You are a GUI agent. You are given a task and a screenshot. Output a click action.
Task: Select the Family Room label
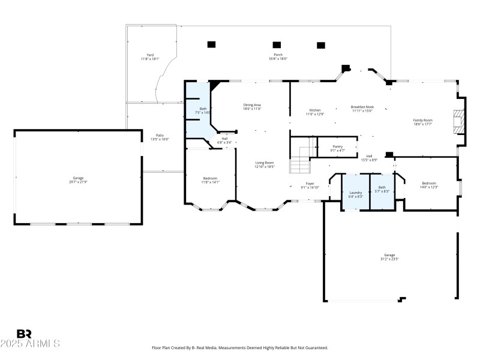click(x=422, y=121)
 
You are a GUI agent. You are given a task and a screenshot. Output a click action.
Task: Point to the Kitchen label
click(x=315, y=110)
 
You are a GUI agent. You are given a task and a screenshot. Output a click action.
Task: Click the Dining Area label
click(x=252, y=105)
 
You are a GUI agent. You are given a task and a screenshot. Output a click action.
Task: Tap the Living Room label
click(x=265, y=163)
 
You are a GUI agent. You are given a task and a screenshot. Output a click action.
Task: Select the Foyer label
click(x=310, y=184)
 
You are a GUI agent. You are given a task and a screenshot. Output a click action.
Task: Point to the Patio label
click(x=160, y=136)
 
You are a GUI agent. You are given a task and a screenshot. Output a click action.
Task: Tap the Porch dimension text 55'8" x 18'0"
click(x=278, y=59)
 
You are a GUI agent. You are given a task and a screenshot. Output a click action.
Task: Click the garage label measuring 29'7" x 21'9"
click(x=78, y=178)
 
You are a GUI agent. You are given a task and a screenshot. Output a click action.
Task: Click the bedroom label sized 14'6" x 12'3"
click(x=429, y=184)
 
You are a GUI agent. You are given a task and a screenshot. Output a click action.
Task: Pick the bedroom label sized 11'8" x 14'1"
click(x=210, y=178)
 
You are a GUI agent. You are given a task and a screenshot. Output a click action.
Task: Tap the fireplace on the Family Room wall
click(x=459, y=121)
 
